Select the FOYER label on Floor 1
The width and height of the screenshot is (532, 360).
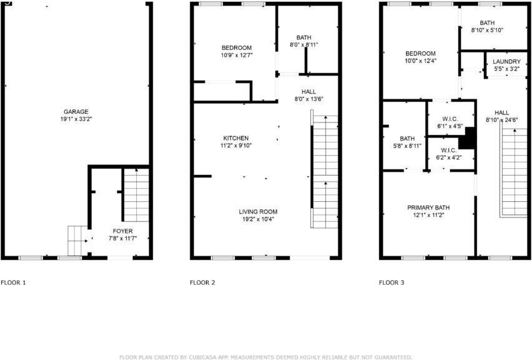pyautogui.click(x=122, y=231)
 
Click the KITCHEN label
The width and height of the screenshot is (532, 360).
pyautogui.click(x=236, y=138)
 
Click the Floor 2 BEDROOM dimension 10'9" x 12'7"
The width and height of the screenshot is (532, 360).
pyautogui.click(x=236, y=55)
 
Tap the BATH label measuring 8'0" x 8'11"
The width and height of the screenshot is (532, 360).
pyautogui.click(x=304, y=37)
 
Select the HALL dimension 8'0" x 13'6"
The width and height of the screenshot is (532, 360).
pyautogui.click(x=308, y=99)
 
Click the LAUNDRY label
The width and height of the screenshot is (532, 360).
pyautogui.click(x=506, y=61)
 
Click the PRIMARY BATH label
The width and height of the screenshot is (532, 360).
pyautogui.click(x=428, y=207)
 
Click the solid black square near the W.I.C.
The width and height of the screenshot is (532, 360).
pyautogui.click(x=467, y=138)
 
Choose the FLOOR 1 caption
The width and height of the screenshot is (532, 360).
pyautogui.click(x=14, y=282)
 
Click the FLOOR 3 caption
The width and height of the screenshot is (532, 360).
pyautogui.click(x=392, y=282)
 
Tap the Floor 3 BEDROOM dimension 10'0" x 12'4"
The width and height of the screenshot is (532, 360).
pyautogui.click(x=420, y=61)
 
